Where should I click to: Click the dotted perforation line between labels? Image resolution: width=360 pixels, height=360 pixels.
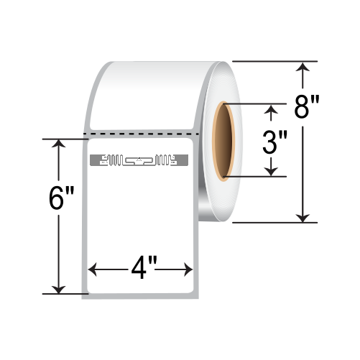[x=140, y=134]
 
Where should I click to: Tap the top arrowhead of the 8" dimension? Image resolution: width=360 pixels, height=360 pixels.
[x=304, y=68]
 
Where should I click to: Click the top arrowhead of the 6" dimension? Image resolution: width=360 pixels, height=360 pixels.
[x=57, y=143]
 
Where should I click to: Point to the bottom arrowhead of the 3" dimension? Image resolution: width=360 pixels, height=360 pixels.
[x=271, y=170]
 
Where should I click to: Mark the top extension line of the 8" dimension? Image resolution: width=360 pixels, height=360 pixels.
[x=273, y=62]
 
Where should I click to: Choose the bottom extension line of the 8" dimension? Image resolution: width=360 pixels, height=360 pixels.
[x=273, y=222]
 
